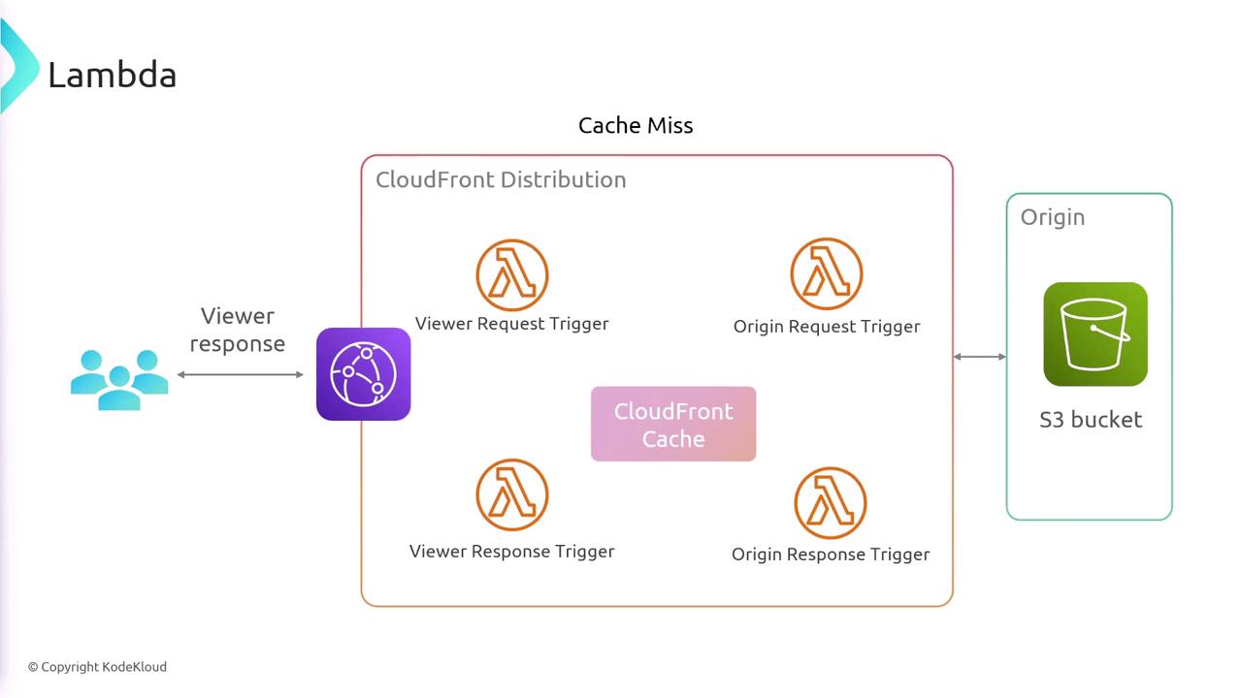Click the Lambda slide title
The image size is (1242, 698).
point(112,75)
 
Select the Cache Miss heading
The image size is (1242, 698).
point(636,125)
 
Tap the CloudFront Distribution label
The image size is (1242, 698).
point(501,179)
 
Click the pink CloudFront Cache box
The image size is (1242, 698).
point(673,424)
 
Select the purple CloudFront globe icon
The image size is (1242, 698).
point(363,374)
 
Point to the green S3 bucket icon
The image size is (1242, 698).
point(1095,334)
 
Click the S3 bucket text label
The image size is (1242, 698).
point(1091,420)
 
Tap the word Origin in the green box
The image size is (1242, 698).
point(1053,217)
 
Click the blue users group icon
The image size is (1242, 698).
point(119,380)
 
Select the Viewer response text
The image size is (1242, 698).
point(238,331)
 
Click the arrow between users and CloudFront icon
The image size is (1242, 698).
point(240,374)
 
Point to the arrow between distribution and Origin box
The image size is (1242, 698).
point(980,357)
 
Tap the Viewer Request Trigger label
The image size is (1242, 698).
point(511,324)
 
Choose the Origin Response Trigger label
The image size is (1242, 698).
point(830,554)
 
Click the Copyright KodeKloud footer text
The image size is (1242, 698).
point(98,667)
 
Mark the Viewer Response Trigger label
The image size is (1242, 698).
point(511,552)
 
